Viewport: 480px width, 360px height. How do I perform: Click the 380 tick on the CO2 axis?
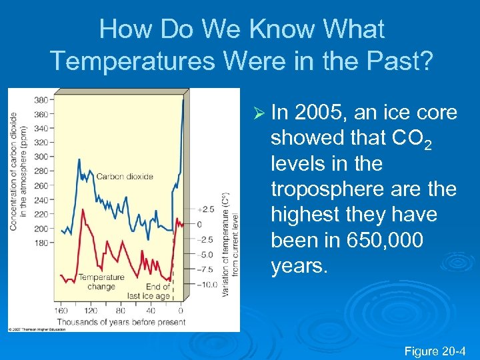point(41,100)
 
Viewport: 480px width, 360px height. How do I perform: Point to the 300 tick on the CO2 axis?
point(41,157)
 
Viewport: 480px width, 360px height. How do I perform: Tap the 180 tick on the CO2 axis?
point(41,243)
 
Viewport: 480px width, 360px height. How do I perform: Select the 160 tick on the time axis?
point(61,311)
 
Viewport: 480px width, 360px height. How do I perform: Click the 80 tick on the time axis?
point(121,311)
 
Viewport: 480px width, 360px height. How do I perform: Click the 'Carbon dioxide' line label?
point(125,177)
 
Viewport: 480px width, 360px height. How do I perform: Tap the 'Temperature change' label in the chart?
point(101,281)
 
